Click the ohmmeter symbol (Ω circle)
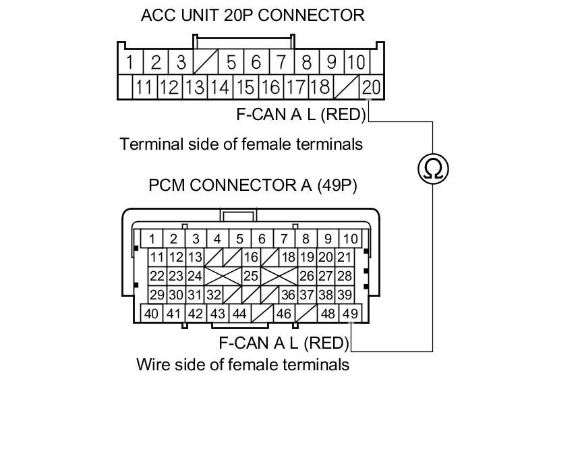tap(433, 168)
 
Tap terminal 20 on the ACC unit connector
tap(372, 86)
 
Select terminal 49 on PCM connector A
tap(350, 314)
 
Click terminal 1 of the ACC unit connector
tap(129, 63)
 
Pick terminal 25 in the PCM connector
tap(251, 276)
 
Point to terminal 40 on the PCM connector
tap(152, 314)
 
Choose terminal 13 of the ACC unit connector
tap(195, 86)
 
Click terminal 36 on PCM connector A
tap(288, 295)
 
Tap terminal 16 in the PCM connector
tap(251, 257)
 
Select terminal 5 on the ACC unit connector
tap(231, 63)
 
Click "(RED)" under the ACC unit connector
tap(343, 115)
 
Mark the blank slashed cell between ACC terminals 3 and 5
tap(206, 63)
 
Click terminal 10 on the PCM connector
tap(350, 238)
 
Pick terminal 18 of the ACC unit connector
tap(320, 86)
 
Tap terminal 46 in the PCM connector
tap(284, 314)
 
